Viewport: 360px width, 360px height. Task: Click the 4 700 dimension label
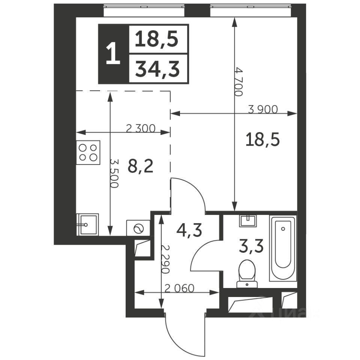click(239, 82)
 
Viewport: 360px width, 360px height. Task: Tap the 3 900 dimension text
click(263, 109)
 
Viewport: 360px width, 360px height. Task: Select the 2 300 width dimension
click(141, 129)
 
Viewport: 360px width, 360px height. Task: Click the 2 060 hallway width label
click(180, 289)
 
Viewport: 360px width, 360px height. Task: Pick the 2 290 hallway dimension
click(165, 259)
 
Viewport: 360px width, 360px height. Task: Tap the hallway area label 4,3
click(189, 230)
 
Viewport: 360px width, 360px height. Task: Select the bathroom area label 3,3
click(251, 246)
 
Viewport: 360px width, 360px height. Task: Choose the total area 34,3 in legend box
click(157, 69)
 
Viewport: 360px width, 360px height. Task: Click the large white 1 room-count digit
click(113, 54)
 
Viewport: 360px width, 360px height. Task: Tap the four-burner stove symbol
click(88, 153)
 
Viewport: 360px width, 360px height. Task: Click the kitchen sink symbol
click(87, 225)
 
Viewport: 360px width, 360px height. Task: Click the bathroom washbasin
click(248, 221)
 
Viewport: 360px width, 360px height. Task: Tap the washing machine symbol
click(138, 228)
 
